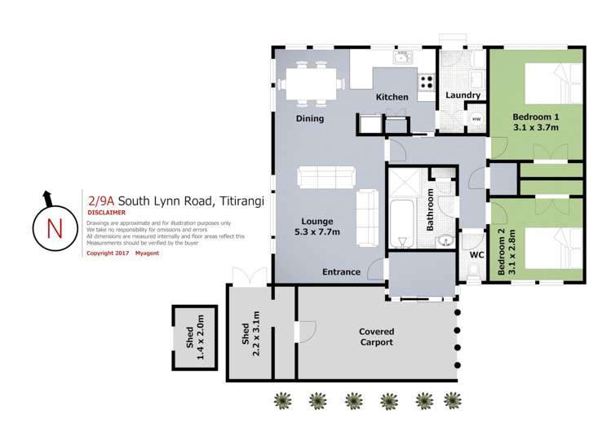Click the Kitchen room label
392,98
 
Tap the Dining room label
309,119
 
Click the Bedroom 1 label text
535,121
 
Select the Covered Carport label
376,337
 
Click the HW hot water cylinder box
476,120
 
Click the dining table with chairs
310,83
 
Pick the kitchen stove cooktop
426,81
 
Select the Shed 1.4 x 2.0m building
194,337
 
